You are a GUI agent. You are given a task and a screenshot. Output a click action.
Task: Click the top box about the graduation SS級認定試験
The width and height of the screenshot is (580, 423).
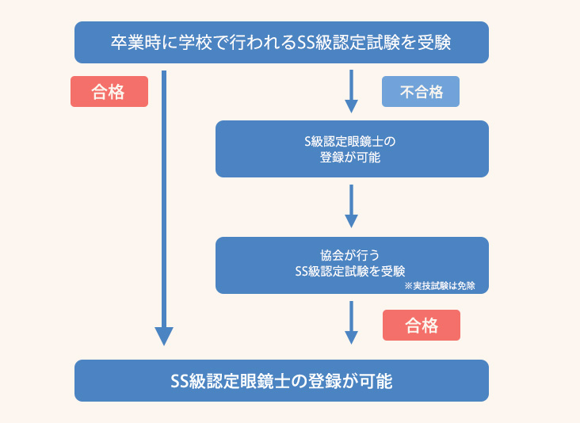[x=281, y=42]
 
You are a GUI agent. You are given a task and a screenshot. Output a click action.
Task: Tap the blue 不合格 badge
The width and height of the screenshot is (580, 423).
[x=421, y=92]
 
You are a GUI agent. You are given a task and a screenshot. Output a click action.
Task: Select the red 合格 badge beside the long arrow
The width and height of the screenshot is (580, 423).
[x=109, y=92]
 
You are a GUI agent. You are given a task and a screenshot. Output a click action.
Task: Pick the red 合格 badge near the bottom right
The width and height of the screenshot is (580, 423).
[x=421, y=325]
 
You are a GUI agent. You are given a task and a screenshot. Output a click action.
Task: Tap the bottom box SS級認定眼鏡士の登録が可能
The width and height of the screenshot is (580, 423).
[x=281, y=381]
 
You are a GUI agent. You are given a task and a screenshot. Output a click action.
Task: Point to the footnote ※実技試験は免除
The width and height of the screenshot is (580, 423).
[x=445, y=285]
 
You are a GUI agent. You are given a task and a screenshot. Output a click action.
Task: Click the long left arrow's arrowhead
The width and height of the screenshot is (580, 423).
[x=164, y=336]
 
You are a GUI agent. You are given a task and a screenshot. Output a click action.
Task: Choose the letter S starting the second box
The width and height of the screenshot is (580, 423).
[x=309, y=141]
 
